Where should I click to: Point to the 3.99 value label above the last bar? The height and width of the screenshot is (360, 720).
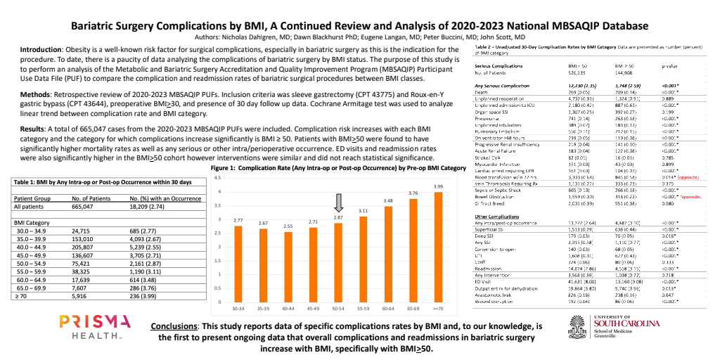(437, 186)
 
